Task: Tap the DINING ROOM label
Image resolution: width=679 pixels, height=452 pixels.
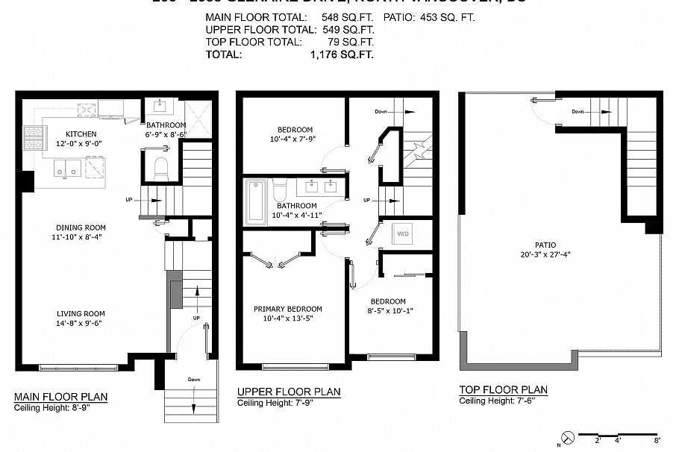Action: coord(80,227)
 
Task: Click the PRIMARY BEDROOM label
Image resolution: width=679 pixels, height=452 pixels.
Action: coord(288,309)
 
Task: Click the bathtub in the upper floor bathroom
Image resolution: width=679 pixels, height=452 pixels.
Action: coord(255,201)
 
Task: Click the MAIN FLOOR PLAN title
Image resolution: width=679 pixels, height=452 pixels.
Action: coord(60,396)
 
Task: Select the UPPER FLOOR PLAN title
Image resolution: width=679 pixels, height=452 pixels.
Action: coord(289,392)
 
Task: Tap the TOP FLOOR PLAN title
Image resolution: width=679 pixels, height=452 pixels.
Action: coord(503,390)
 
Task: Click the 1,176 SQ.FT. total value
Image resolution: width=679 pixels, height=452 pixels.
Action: coord(342,54)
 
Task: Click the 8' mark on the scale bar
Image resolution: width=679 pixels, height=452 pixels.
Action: coord(657,440)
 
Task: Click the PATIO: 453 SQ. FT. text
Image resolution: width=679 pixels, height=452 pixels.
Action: coord(428,17)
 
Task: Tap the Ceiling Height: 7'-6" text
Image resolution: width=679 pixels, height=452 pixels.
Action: coord(497,401)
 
